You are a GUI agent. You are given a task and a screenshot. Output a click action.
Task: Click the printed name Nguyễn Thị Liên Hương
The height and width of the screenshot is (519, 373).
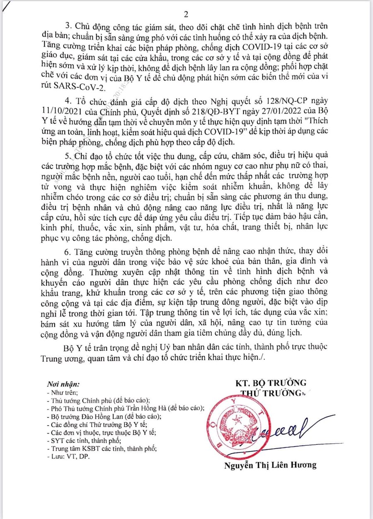(270, 465)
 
